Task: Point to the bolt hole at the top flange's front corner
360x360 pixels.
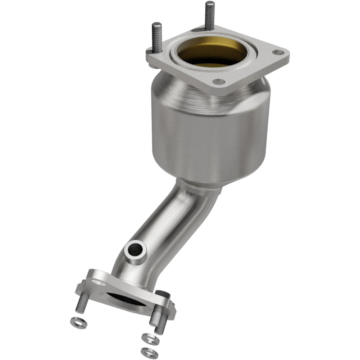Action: tap(218, 82)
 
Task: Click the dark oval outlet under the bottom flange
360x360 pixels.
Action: tap(130, 299)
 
